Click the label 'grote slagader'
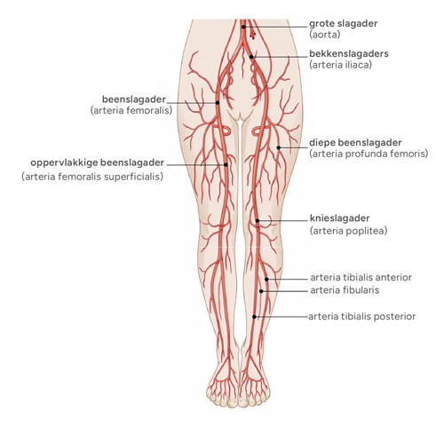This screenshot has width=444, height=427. (x=343, y=24)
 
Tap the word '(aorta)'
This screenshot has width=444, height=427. (x=325, y=35)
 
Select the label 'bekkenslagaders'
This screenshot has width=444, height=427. (x=349, y=54)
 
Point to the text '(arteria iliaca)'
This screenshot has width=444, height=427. (x=340, y=65)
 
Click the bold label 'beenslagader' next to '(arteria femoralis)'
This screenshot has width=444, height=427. (x=134, y=99)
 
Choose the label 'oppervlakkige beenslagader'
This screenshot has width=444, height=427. (x=97, y=162)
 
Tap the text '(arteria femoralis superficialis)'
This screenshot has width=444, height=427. (x=92, y=177)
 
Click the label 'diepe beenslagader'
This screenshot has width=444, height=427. (x=355, y=143)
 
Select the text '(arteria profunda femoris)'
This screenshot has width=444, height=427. (x=369, y=154)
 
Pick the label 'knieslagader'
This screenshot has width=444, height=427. (x=339, y=218)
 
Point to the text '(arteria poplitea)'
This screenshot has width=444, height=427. (x=348, y=231)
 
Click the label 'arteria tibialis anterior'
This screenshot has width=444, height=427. (x=361, y=278)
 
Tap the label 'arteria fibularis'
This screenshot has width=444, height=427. (x=345, y=290)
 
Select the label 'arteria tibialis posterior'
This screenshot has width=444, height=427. (x=361, y=317)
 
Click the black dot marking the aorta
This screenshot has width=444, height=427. (x=243, y=27)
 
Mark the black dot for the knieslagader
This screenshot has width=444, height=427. (x=258, y=221)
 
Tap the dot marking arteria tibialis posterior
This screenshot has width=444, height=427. (x=254, y=317)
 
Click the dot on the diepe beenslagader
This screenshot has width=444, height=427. (x=279, y=147)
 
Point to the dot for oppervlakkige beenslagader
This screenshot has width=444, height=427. (x=226, y=165)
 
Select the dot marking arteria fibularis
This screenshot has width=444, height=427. (x=261, y=291)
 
